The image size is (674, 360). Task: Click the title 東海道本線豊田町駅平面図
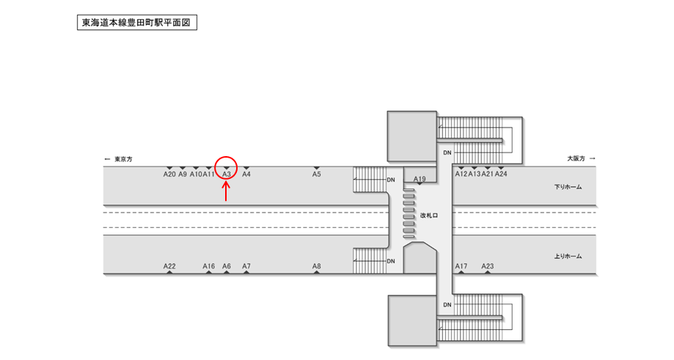(x=137, y=23)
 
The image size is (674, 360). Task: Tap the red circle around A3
(x=226, y=168)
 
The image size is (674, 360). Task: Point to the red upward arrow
(x=226, y=191)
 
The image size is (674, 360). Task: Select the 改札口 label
(x=428, y=216)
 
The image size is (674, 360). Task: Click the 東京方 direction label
(x=118, y=159)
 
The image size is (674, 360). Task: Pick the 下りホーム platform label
(x=568, y=187)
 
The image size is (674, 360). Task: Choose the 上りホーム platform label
(x=568, y=256)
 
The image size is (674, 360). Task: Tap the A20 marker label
(x=169, y=175)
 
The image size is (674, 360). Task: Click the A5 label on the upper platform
(x=316, y=175)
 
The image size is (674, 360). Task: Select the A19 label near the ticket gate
(x=420, y=179)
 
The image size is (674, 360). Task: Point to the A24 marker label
(x=501, y=175)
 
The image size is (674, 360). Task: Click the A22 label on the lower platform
(x=169, y=266)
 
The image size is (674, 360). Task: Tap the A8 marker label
(x=316, y=266)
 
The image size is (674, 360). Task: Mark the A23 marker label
(x=488, y=266)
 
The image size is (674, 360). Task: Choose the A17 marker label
(x=461, y=266)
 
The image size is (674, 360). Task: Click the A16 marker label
(x=209, y=266)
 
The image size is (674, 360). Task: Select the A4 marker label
(x=246, y=175)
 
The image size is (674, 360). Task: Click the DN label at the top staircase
(x=447, y=153)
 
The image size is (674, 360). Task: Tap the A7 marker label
(x=246, y=266)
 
